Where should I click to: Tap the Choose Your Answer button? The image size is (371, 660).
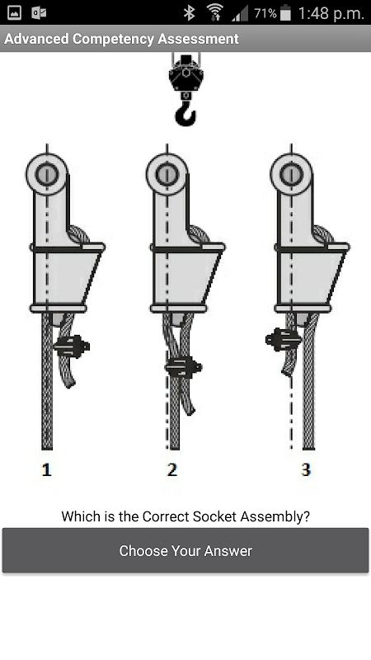click(185, 550)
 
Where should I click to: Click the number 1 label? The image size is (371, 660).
click(46, 469)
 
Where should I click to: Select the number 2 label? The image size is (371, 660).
click(171, 469)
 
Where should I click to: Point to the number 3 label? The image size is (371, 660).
click(306, 469)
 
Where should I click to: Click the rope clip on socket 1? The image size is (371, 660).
click(72, 346)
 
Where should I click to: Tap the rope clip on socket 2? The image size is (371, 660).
click(183, 367)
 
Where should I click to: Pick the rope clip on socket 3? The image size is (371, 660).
click(283, 339)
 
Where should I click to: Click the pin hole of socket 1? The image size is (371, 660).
click(47, 174)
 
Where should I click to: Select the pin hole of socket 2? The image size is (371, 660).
click(167, 174)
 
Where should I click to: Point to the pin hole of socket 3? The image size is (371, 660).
click(291, 174)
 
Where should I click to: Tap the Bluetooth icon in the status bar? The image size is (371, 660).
click(190, 13)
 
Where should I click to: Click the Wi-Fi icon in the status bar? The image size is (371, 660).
click(214, 12)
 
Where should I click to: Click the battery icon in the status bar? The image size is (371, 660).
click(285, 13)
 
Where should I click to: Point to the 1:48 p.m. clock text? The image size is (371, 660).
click(331, 13)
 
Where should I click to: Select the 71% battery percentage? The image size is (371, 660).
click(265, 13)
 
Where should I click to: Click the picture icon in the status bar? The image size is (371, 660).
click(15, 12)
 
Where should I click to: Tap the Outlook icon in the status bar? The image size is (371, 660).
click(39, 13)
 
